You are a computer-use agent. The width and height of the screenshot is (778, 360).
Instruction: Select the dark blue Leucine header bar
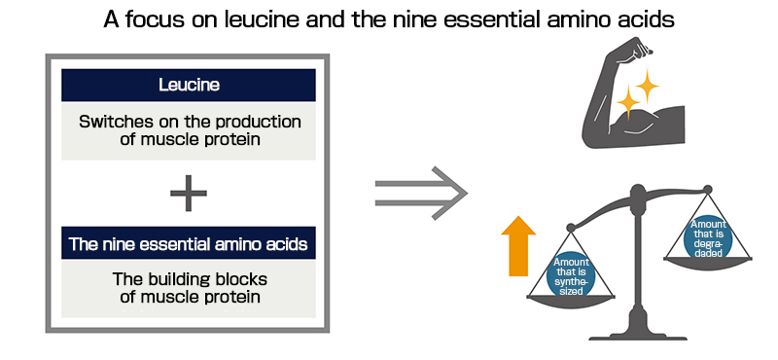[189, 85]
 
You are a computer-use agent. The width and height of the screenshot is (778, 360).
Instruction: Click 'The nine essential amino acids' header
[189, 243]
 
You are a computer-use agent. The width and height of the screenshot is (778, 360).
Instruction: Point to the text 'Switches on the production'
[189, 122]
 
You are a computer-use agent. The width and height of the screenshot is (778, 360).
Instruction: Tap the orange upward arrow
[519, 247]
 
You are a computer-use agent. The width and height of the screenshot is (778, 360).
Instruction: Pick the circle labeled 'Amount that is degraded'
[706, 239]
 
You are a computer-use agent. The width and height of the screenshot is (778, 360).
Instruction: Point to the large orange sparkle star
[632, 96]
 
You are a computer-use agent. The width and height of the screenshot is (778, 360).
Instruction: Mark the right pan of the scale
[707, 260]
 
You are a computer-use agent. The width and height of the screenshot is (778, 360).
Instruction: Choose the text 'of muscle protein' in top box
[189, 141]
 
